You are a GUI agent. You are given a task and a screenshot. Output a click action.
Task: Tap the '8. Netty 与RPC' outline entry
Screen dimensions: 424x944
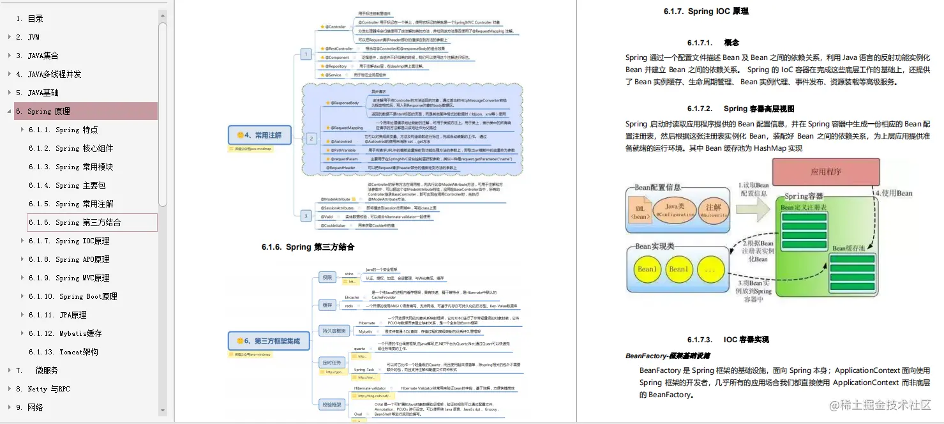(43, 389)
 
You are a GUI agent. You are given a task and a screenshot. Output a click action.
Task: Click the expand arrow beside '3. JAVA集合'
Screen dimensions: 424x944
(9, 56)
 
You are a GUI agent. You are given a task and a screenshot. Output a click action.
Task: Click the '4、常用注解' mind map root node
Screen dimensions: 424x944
(258, 135)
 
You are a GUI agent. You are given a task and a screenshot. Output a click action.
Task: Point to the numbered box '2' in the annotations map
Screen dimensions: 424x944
(311, 138)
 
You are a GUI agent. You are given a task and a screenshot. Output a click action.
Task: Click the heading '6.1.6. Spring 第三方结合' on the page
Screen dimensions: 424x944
(308, 247)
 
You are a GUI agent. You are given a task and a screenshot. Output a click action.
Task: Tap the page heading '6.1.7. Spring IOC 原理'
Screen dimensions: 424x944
(706, 11)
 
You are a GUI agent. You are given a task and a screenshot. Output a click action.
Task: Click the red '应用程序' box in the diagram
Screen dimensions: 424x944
(826, 171)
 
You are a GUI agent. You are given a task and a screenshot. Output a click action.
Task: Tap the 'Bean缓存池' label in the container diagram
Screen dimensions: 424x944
(848, 248)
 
